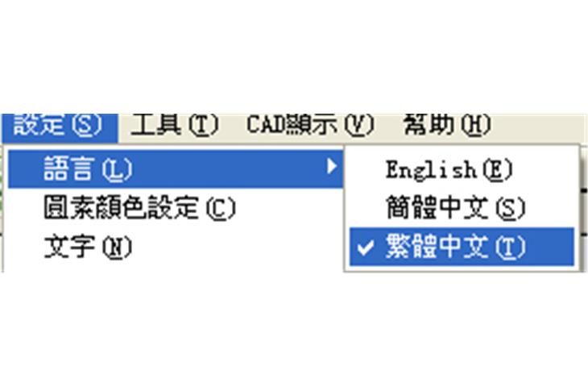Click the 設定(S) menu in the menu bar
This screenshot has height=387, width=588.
pyautogui.click(x=59, y=126)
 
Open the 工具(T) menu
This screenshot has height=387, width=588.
pyautogui.click(x=174, y=126)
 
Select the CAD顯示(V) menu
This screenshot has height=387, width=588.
pyautogui.click(x=310, y=126)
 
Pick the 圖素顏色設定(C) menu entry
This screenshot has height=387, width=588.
pyautogui.click(x=139, y=209)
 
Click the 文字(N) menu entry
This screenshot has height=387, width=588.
pyautogui.click(x=87, y=248)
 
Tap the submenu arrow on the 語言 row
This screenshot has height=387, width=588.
pyautogui.click(x=330, y=168)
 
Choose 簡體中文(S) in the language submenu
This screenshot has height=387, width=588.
pyautogui.click(x=454, y=209)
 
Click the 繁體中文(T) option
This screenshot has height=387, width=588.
pyautogui.click(x=454, y=248)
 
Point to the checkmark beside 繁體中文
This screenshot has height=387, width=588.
pyautogui.click(x=365, y=248)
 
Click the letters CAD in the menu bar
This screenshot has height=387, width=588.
pyautogui.click(x=263, y=126)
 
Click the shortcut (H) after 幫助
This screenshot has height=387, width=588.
pyautogui.click(x=474, y=126)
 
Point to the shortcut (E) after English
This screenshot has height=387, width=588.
pyautogui.click(x=496, y=170)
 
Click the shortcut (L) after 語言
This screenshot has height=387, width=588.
pyautogui.click(x=118, y=170)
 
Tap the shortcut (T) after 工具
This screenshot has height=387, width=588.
pyautogui.click(x=203, y=126)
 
